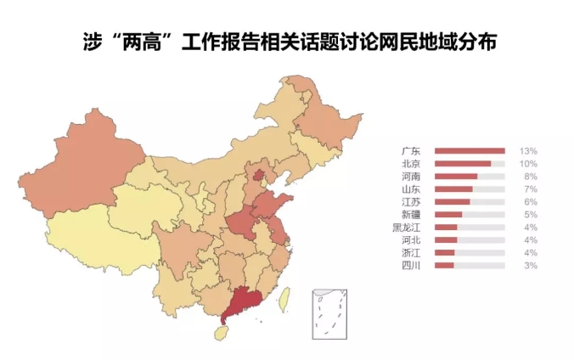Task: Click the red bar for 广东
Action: [x=470, y=150]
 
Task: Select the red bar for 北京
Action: [x=463, y=163]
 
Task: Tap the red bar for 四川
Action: [x=444, y=266]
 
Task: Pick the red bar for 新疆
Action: [x=448, y=215]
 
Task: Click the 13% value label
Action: [x=529, y=150]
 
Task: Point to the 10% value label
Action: [x=529, y=163]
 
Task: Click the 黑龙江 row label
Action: [x=405, y=228]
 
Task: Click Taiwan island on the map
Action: [x=285, y=298]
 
